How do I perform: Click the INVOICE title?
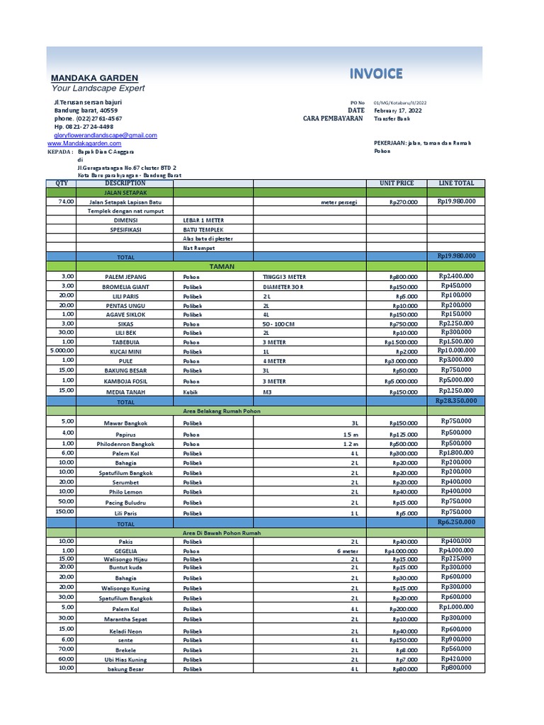click(375, 74)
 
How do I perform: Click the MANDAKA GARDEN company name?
click(94, 78)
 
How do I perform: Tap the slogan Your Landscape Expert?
click(98, 89)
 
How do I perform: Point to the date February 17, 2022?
click(397, 110)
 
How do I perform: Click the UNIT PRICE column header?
click(397, 183)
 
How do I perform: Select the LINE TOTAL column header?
click(456, 183)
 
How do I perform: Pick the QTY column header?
click(61, 183)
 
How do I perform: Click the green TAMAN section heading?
click(222, 266)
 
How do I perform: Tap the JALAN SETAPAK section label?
click(125, 192)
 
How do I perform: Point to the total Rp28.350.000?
click(456, 401)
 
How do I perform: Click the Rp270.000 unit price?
click(404, 202)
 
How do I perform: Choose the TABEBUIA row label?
click(125, 342)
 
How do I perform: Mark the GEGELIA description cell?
click(125, 550)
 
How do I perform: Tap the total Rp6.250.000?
click(457, 522)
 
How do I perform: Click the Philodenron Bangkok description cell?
click(125, 444)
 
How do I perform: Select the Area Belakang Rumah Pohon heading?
click(222, 411)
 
